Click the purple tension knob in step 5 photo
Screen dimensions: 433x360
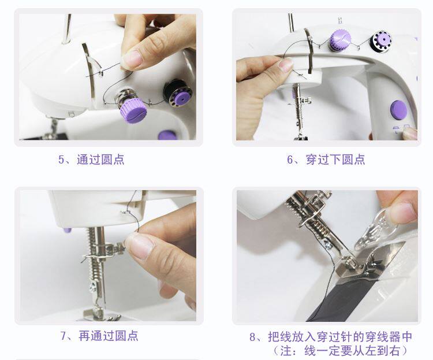pyautogui.click(x=133, y=111)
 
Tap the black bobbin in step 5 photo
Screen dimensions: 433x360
pyautogui.click(x=178, y=94)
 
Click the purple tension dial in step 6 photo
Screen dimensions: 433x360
pyautogui.click(x=340, y=39)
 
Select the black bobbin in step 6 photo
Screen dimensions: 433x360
pyautogui.click(x=381, y=42)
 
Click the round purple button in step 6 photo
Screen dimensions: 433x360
pyautogui.click(x=398, y=110)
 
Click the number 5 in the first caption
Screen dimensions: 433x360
pyautogui.click(x=61, y=160)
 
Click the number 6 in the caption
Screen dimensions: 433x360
pyautogui.click(x=290, y=160)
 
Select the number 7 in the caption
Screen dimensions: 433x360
pyautogui.click(x=64, y=336)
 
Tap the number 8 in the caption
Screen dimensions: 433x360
pyautogui.click(x=253, y=337)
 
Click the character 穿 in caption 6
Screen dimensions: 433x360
pyautogui.click(x=312, y=159)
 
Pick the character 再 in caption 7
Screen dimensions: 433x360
pyautogui.click(x=84, y=336)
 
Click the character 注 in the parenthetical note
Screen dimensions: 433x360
pyautogui.click(x=286, y=351)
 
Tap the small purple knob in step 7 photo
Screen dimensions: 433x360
pyautogui.click(x=68, y=230)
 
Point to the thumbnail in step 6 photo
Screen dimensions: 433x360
pyautogui.click(x=286, y=65)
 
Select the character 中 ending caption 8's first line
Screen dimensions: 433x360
pyautogui.click(x=406, y=337)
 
